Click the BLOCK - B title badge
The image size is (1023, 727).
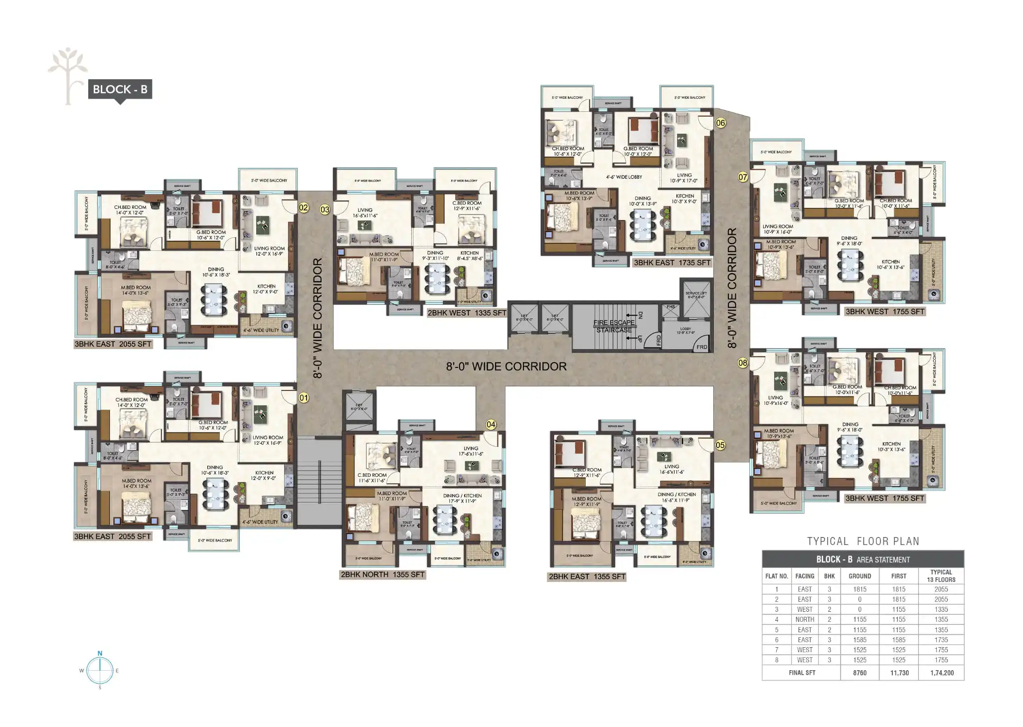pyautogui.click(x=120, y=89)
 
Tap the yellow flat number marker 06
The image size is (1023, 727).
pyautogui.click(x=720, y=123)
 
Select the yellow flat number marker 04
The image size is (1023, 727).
pyautogui.click(x=491, y=424)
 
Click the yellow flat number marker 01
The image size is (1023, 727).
pyautogui.click(x=303, y=398)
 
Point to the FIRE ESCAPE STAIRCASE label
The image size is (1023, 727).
pyautogui.click(x=614, y=326)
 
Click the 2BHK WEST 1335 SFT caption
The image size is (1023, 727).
pyautogui.click(x=467, y=313)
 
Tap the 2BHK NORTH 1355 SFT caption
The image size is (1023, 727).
pyautogui.click(x=382, y=574)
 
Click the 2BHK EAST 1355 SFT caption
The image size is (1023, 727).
pyautogui.click(x=587, y=576)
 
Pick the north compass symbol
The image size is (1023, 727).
pyautogui.click(x=100, y=670)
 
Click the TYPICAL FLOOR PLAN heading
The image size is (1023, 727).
pyautogui.click(x=863, y=541)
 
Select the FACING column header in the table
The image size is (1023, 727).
pyautogui.click(x=805, y=576)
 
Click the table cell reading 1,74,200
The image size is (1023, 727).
pyautogui.click(x=942, y=673)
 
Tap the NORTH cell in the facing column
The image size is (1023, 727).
pyautogui.click(x=805, y=619)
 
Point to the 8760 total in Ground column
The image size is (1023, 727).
pyautogui.click(x=859, y=673)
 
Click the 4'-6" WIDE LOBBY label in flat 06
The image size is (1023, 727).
pyautogui.click(x=624, y=177)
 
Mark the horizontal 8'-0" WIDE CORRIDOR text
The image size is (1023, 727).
pyautogui.click(x=506, y=366)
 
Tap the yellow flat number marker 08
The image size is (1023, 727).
pyautogui.click(x=742, y=363)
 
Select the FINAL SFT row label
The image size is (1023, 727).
pyautogui.click(x=802, y=673)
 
